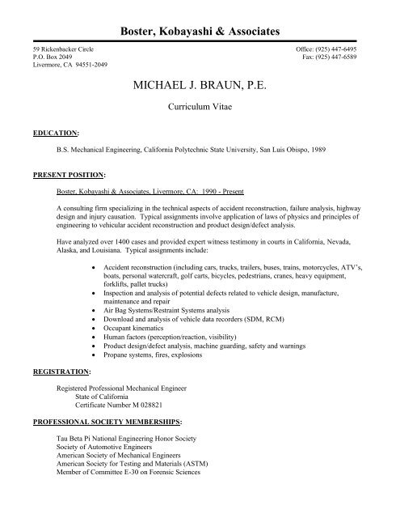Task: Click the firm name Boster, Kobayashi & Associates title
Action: (200, 31)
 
